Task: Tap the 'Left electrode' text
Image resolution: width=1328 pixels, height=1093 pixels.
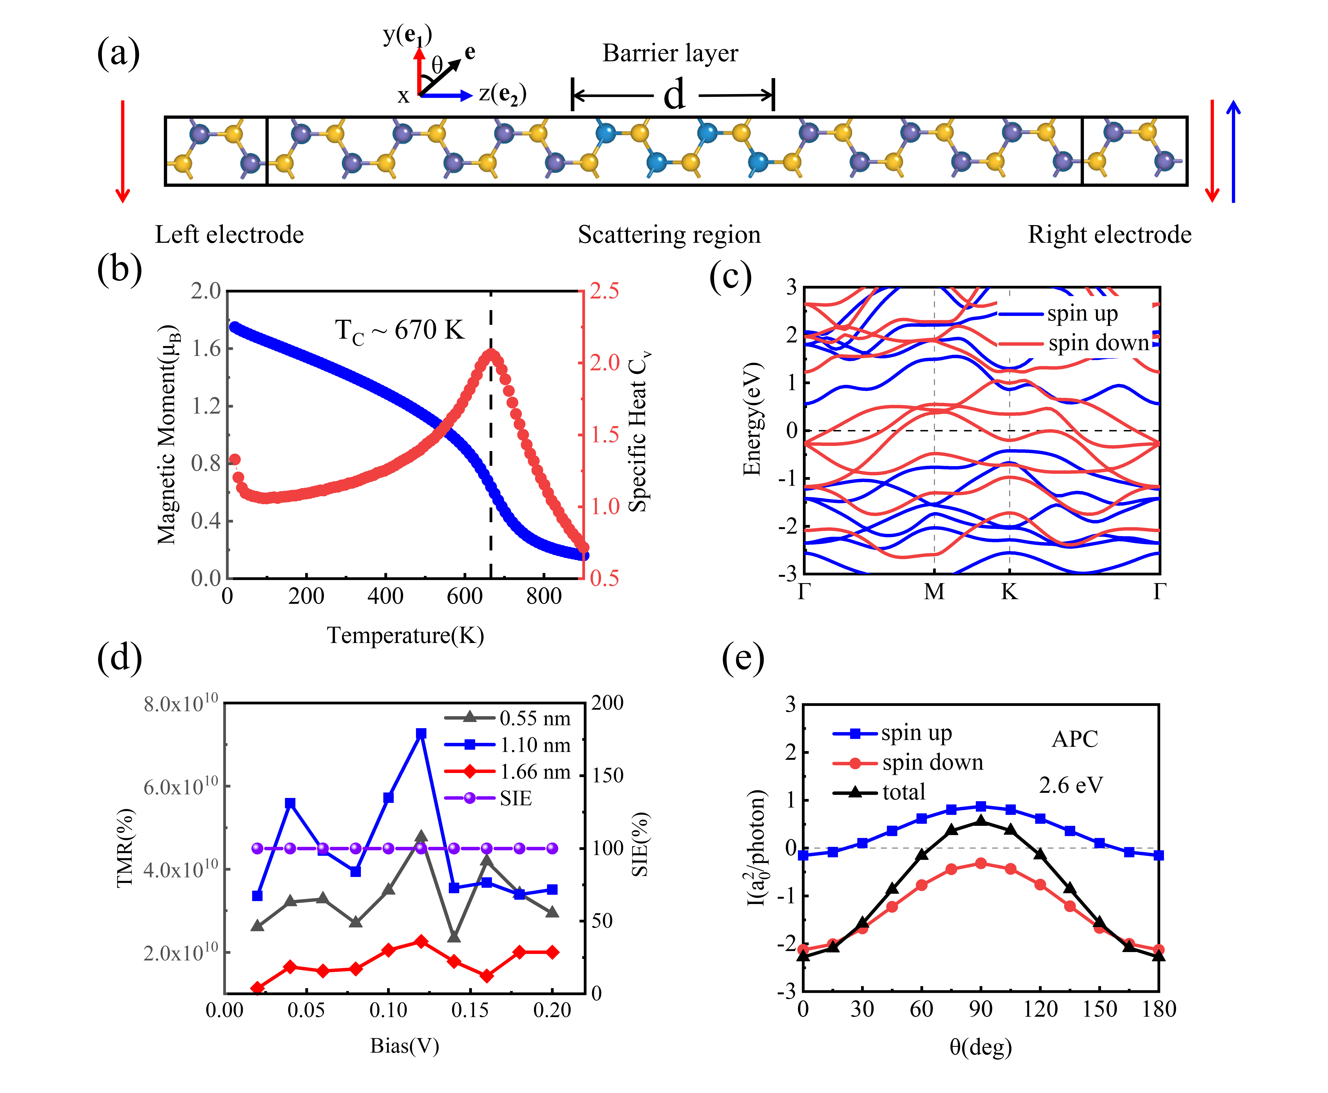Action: tap(229, 235)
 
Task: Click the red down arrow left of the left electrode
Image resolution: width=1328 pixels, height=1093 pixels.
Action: tap(123, 151)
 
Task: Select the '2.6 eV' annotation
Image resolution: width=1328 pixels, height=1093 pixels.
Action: tap(1070, 785)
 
